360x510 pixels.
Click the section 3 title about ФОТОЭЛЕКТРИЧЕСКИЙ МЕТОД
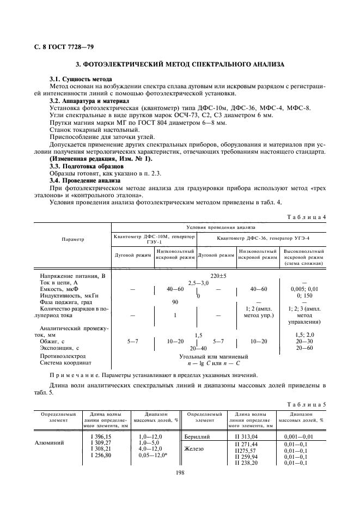pyautogui.click(x=180, y=64)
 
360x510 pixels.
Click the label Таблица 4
pyautogui.click(x=310, y=217)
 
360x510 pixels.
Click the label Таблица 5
pyautogui.click(x=310, y=404)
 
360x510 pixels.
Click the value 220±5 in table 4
pyautogui.click(x=218, y=276)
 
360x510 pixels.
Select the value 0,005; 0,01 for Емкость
pyautogui.click(x=303, y=289)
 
